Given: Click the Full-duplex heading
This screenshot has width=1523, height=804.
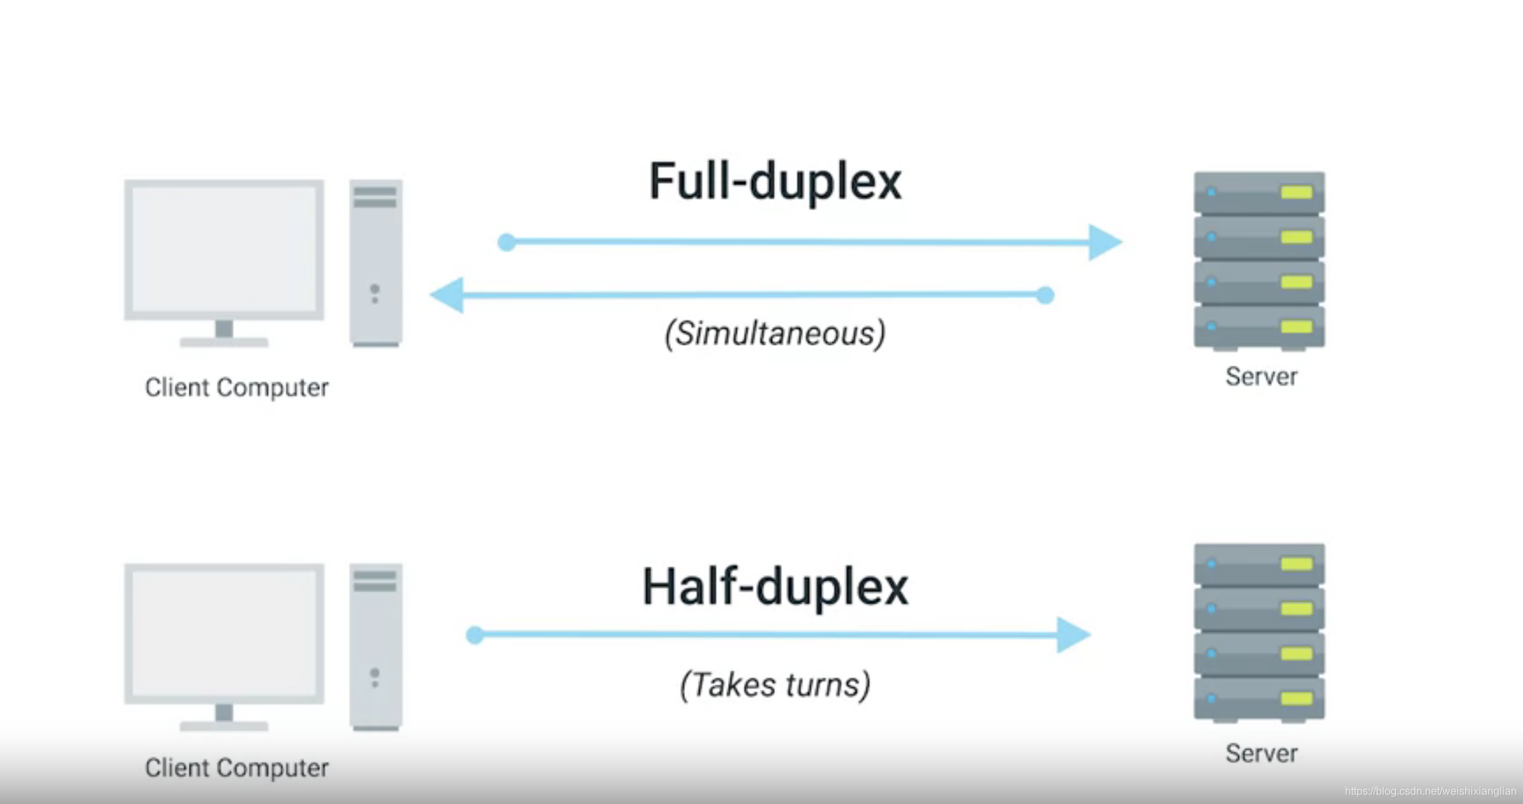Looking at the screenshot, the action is pos(775,182).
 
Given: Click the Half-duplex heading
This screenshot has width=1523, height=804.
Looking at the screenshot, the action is pos(775,587).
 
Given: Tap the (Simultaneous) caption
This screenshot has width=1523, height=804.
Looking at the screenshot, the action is pos(775,334).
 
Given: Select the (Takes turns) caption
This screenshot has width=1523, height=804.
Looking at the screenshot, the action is pos(775,685).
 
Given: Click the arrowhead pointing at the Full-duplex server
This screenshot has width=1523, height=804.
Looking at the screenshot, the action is pos(1105,242).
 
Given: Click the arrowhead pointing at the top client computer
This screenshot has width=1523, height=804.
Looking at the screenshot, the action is pos(447,295).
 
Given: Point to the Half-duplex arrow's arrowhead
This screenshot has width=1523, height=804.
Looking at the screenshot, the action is pos(1074,635).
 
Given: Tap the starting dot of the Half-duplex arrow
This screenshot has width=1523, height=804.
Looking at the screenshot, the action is pos(475,635).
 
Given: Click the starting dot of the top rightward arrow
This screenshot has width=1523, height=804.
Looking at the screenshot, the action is pos(507,242).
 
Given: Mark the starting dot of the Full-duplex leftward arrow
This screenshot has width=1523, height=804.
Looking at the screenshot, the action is pos(1045,295).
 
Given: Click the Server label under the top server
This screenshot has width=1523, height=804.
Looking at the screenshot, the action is pos(1261,376).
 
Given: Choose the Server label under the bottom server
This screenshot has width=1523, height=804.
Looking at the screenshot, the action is pos(1261,753).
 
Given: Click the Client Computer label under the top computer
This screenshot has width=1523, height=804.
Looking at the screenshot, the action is pos(237,387).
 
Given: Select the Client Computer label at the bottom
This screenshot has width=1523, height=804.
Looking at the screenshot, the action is pos(237,768).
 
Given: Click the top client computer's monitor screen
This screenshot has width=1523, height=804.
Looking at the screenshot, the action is pos(224,248).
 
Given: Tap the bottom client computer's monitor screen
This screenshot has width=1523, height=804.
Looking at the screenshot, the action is pos(224,634).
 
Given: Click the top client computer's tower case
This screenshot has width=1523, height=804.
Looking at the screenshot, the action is pos(376,263).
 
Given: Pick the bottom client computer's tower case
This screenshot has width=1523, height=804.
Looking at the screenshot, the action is pos(376,647).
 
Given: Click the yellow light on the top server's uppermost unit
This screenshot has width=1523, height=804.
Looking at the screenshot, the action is pos(1296,193).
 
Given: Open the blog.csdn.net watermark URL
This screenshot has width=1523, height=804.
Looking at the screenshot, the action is pos(1430,791).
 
